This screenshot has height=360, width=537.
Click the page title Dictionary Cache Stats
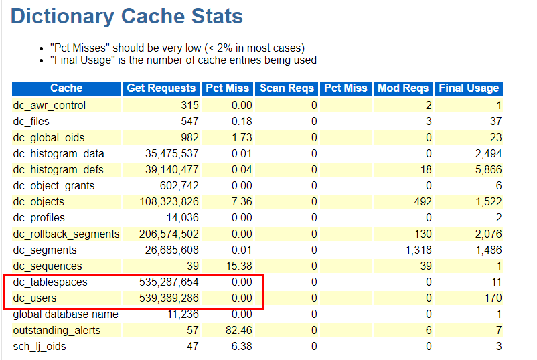pyautogui.click(x=127, y=17)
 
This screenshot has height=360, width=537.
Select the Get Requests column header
pyautogui.click(x=161, y=88)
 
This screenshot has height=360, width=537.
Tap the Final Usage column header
pyautogui.click(x=469, y=88)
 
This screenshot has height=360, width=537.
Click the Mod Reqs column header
pyautogui.click(x=403, y=88)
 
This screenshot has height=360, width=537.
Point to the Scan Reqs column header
pyautogui.click(x=287, y=88)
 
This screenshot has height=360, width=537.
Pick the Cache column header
pyautogui.click(x=66, y=88)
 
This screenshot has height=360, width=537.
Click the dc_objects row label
pyautogui.click(x=39, y=202)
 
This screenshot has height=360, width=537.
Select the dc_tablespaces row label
pyautogui.click(x=50, y=282)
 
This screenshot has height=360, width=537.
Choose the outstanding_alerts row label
pyautogui.click(x=56, y=331)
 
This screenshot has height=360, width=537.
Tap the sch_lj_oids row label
pyautogui.click(x=40, y=347)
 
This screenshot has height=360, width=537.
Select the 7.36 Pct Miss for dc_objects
pyautogui.click(x=241, y=202)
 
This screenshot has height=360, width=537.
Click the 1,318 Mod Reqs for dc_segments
pyautogui.click(x=418, y=250)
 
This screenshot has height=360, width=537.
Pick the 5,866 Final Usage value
pyautogui.click(x=487, y=170)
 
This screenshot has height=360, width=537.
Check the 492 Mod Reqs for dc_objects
pyautogui.click(x=423, y=202)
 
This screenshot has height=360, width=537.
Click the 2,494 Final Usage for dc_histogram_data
pyautogui.click(x=487, y=154)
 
